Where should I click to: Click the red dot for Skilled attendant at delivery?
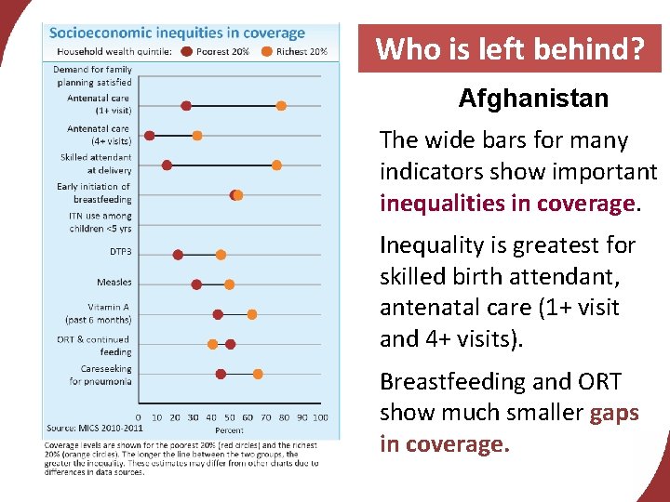point(167,165)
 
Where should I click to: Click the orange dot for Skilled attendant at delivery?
point(276,165)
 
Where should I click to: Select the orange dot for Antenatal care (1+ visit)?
point(281,106)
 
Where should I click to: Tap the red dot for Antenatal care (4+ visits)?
point(150,136)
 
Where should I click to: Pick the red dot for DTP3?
point(178,255)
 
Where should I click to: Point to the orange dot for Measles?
point(230,284)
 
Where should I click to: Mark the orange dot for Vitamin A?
point(251,314)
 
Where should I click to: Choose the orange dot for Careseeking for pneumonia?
point(258,374)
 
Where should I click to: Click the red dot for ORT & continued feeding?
point(231,344)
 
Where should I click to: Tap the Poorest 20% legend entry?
point(220,52)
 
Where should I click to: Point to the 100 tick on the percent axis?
point(320,417)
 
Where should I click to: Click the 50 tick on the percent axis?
point(230,417)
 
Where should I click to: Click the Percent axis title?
point(230,430)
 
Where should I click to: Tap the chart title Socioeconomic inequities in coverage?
point(177,33)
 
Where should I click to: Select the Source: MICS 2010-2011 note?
point(95,429)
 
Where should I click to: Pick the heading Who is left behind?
point(509,48)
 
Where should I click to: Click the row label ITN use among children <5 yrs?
point(100,222)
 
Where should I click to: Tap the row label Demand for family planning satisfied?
point(93,75)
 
